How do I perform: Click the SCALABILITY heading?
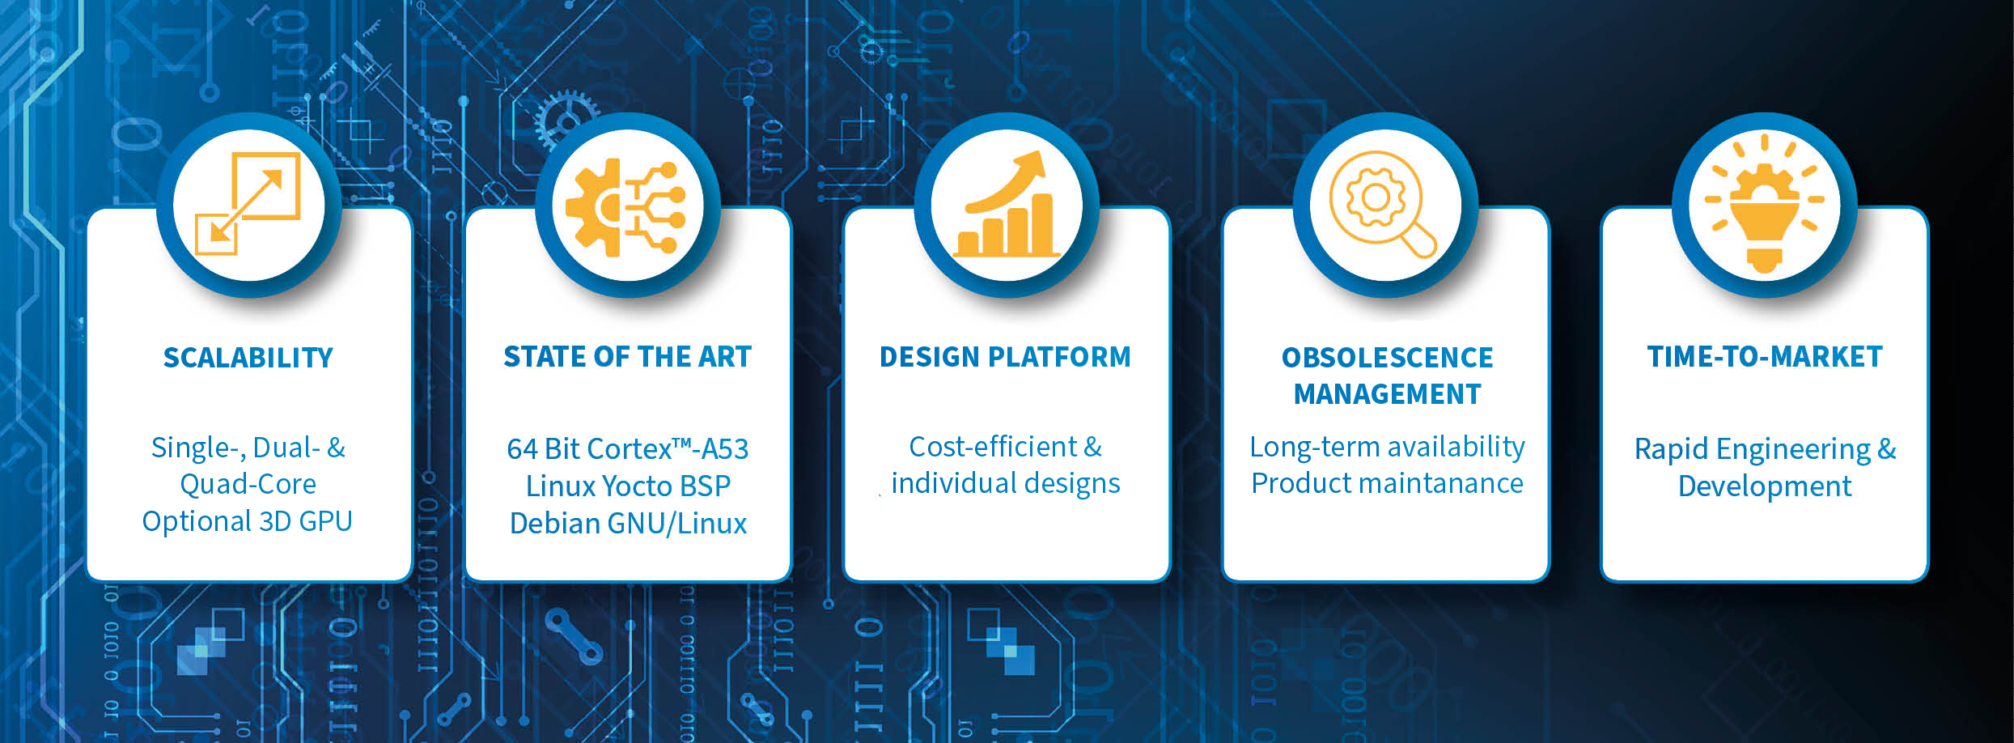pos(248,357)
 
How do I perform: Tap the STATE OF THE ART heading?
pos(627,356)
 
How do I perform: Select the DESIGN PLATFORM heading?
pos(1005,356)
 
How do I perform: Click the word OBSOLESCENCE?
pos(1387,357)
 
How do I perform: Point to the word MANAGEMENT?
pos(1387,393)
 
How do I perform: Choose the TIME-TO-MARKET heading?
pos(1765,356)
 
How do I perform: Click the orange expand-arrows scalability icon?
pos(248,203)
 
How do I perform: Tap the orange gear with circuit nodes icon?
pos(625,207)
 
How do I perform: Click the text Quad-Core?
pos(248,484)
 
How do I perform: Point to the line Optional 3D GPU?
pos(247,521)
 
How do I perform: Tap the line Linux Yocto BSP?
pos(628,486)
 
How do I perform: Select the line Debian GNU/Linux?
pos(628,524)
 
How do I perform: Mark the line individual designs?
pos(1006,483)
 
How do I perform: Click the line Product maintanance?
pos(1387,483)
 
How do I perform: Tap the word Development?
pos(1765,486)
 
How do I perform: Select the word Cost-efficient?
pos(993,446)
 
